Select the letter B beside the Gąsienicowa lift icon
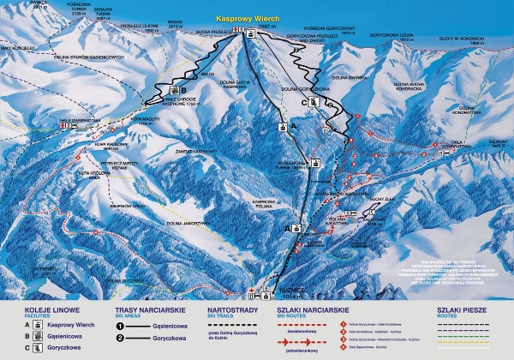point(183,89)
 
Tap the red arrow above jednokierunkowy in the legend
point(294,340)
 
